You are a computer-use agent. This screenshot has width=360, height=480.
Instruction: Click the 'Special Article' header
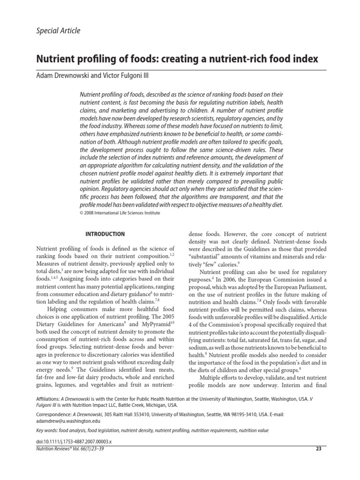pyautogui.click(x=58, y=31)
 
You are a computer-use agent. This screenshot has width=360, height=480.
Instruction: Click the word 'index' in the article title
pyautogui.click(x=306, y=60)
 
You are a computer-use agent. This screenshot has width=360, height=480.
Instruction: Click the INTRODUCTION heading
pyautogui.click(x=105, y=234)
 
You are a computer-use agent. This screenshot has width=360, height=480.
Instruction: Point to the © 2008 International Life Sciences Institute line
pyautogui.click(x=120, y=213)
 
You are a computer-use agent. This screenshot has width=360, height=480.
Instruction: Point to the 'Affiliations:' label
pyautogui.click(x=49, y=397)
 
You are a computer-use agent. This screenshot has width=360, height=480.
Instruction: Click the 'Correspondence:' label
pyautogui.click(x=53, y=415)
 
